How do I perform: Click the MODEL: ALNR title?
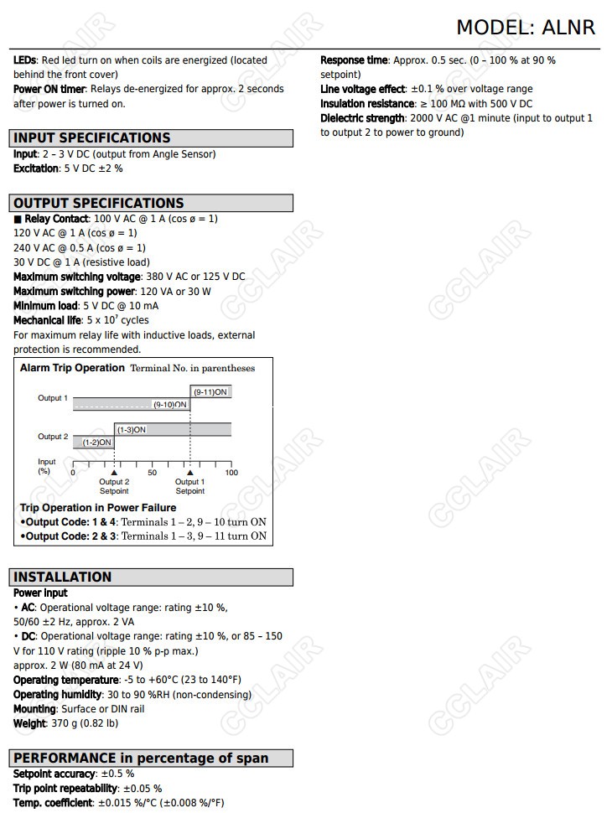[525, 28]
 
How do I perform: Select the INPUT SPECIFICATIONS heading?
[91, 138]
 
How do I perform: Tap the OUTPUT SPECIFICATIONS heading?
[98, 203]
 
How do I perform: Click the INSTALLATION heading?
[62, 577]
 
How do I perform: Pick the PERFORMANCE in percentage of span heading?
[141, 758]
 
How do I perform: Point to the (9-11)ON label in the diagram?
[210, 392]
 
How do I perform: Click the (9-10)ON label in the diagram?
[170, 405]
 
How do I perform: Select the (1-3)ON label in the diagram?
[131, 429]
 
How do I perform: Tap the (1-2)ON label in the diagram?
[96, 442]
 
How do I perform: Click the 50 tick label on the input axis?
[152, 473]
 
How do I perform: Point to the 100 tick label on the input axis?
[231, 473]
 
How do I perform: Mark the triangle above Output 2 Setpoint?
[114, 473]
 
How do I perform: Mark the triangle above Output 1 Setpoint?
[189, 473]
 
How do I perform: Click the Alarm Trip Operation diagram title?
[72, 368]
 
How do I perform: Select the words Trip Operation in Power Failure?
[98, 508]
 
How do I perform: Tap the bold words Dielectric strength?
[362, 118]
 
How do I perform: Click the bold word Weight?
[29, 723]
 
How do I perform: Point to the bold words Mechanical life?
[47, 320]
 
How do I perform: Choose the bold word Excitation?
[36, 168]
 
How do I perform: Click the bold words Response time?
[354, 60]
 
